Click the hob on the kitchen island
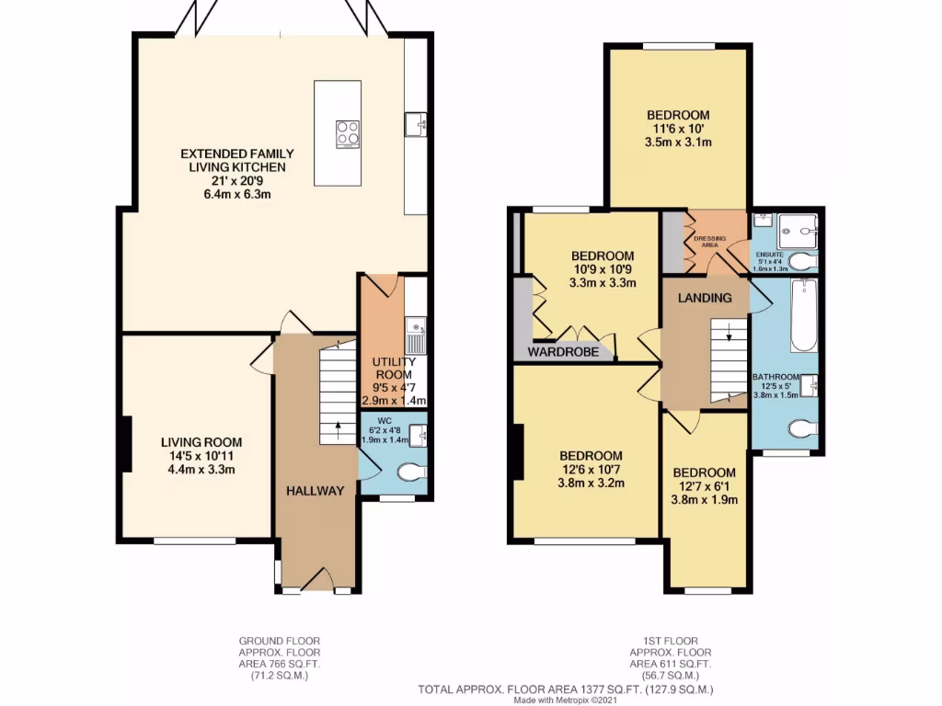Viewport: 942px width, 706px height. [348, 133]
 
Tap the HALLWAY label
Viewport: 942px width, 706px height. [314, 491]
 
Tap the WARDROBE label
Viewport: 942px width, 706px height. [563, 352]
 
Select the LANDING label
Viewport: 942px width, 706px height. [705, 298]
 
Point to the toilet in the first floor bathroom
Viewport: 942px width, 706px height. [802, 428]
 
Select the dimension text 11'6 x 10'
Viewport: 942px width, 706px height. [676, 129]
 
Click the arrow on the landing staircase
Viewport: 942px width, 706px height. [729, 336]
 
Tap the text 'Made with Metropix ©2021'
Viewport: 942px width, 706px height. [565, 700]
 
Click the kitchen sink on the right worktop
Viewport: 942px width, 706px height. [416, 122]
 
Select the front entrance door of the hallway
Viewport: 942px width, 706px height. [316, 580]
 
